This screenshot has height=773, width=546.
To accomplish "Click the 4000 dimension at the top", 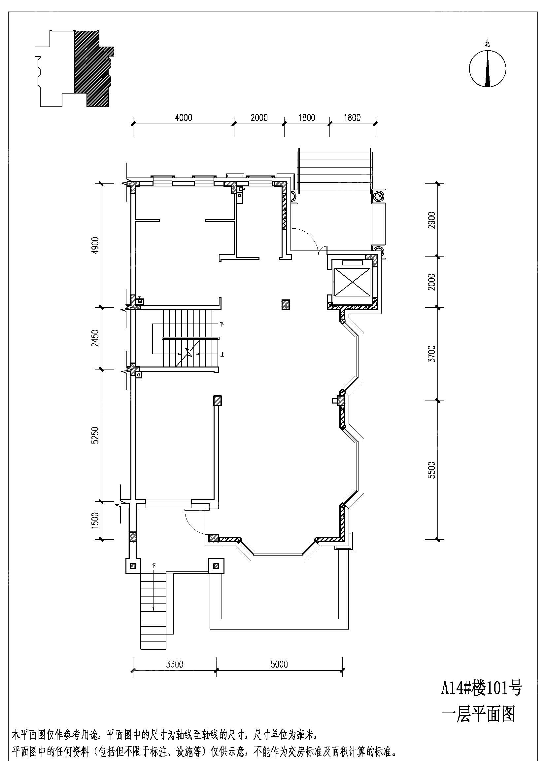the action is [x=184, y=118].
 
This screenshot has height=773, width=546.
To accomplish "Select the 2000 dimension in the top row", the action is [x=259, y=118].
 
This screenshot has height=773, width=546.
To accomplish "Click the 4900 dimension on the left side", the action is [x=96, y=245].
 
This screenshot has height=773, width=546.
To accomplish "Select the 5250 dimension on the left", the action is [x=96, y=435].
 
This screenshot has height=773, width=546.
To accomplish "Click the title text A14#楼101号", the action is [x=481, y=688].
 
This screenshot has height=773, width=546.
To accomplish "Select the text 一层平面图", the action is [x=478, y=713].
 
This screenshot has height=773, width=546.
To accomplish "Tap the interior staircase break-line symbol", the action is [x=188, y=354].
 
